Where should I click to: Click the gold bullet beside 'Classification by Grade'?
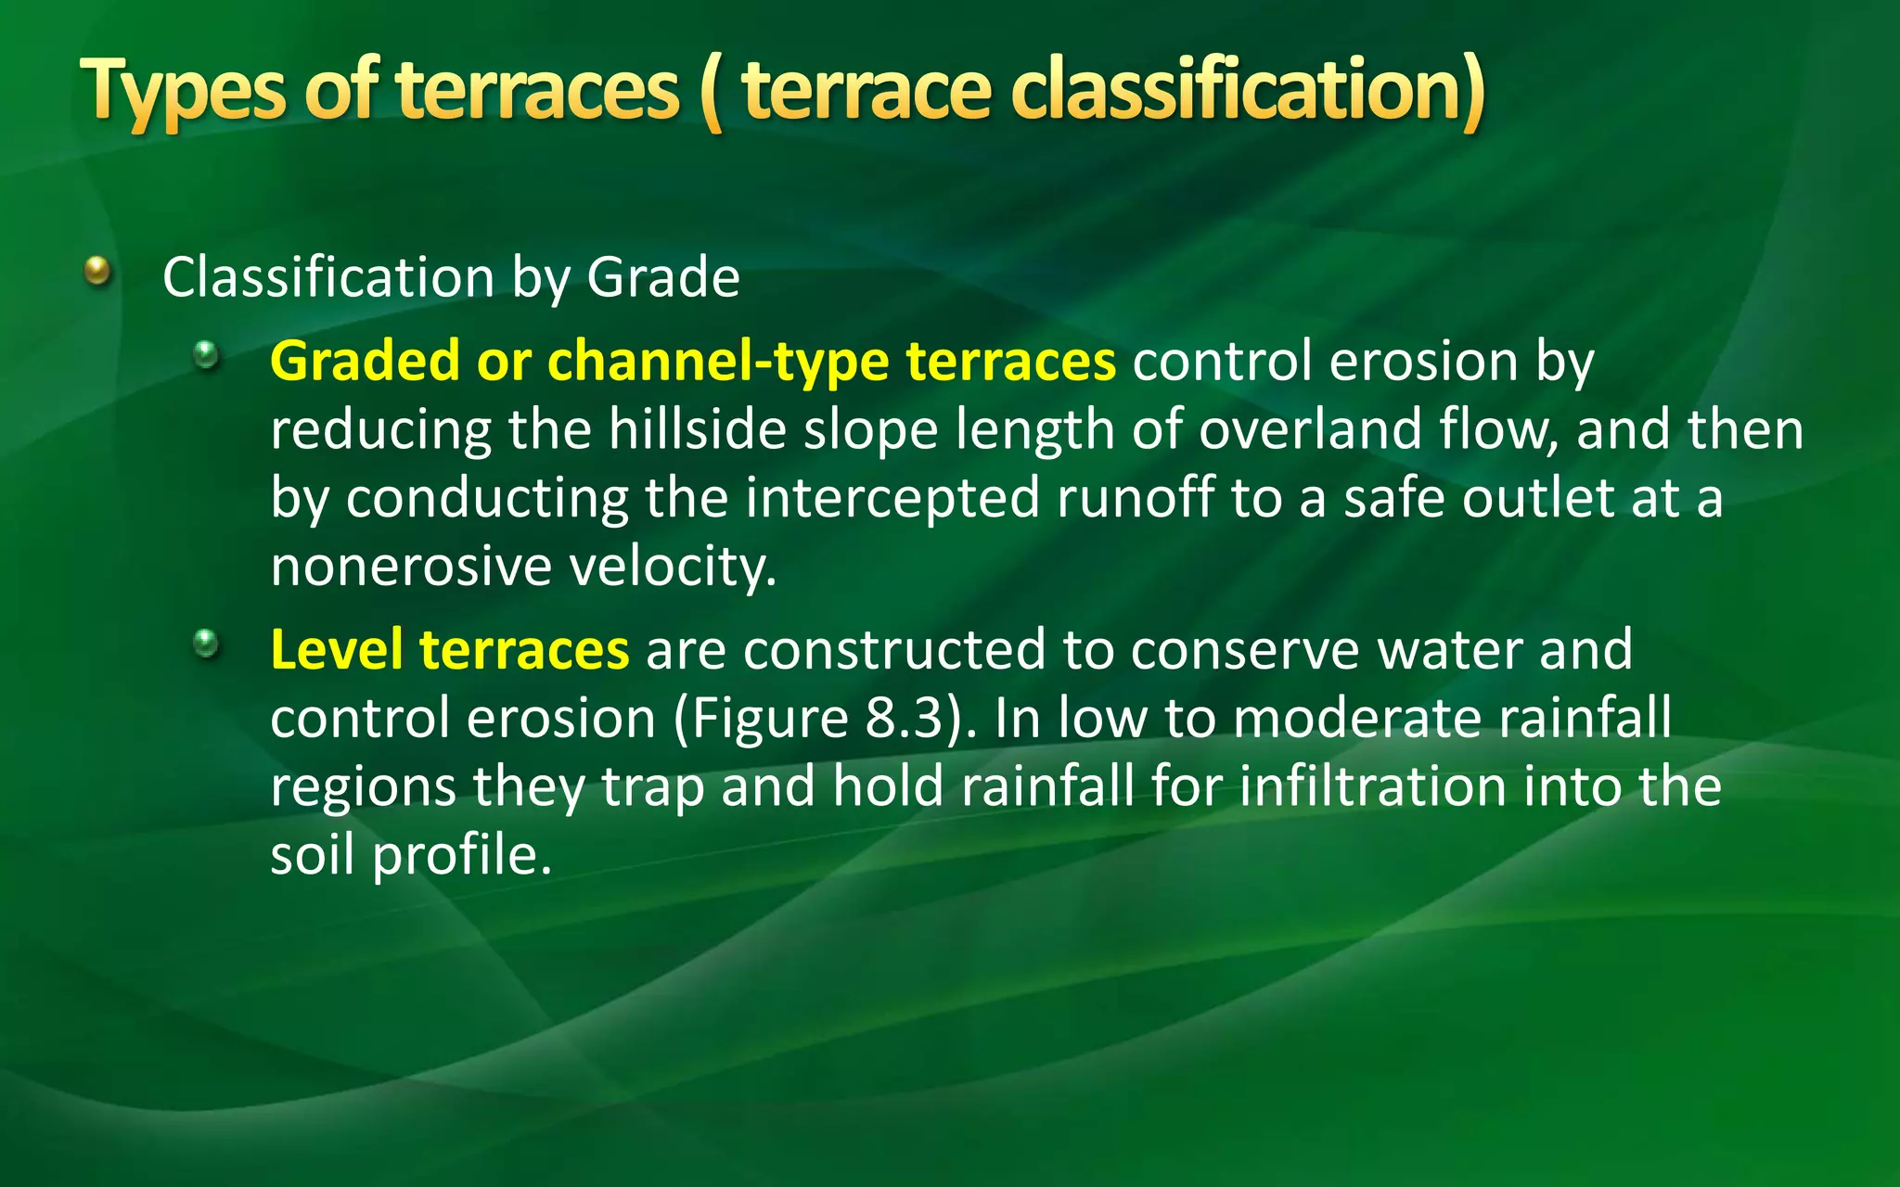pos(97,272)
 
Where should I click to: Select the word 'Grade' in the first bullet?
pos(663,277)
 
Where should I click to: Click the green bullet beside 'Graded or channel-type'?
pos(206,354)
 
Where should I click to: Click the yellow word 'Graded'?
pos(365,362)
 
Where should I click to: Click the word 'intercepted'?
pos(892,499)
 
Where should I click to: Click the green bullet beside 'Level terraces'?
pos(206,643)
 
